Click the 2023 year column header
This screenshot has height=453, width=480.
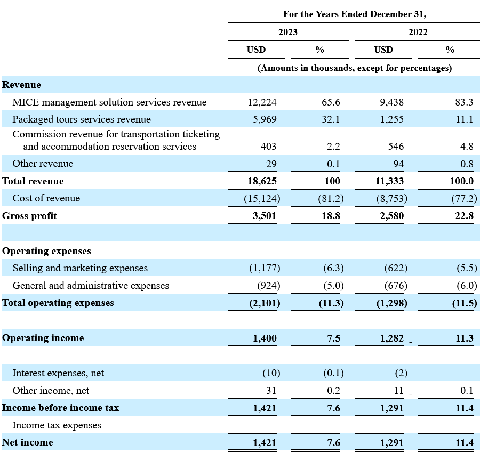(x=288, y=32)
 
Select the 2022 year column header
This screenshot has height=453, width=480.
(x=418, y=32)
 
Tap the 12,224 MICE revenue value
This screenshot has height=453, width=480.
(x=262, y=102)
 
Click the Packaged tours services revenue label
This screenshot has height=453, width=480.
(x=82, y=119)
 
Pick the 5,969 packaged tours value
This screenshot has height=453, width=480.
(x=265, y=119)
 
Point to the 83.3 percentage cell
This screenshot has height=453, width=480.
(x=464, y=102)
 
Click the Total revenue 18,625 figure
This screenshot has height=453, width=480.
(x=262, y=181)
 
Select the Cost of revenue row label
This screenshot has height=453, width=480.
(x=46, y=198)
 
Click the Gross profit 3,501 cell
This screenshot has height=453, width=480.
(x=265, y=216)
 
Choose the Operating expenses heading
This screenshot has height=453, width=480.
(x=46, y=251)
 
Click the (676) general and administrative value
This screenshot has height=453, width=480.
(x=396, y=286)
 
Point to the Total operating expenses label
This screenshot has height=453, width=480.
(x=58, y=303)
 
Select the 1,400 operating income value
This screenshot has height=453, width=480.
(x=265, y=338)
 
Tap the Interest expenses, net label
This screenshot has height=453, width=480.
(x=58, y=373)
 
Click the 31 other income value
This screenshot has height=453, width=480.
(x=271, y=391)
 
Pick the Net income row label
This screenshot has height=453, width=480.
(x=28, y=442)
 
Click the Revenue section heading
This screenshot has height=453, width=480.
(x=21, y=85)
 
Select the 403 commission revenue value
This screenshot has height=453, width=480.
(x=268, y=147)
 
